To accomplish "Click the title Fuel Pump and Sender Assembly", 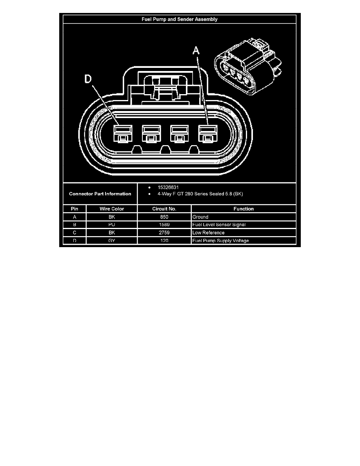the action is (x=179, y=19).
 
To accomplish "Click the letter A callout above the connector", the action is (x=196, y=51).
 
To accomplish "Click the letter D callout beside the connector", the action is (x=88, y=79).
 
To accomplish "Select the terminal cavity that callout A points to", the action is (x=207, y=133).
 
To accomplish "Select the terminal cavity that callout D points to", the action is (x=123, y=133).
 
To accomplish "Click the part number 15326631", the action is (x=168, y=187).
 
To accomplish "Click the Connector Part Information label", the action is (x=100, y=194).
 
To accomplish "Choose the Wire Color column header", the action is (x=112, y=209).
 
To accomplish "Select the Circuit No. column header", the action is (x=164, y=209).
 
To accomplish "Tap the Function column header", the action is (x=244, y=209).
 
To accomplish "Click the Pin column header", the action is (x=75, y=209).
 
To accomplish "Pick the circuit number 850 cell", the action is (x=164, y=217).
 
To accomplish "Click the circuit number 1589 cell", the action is (x=164, y=225).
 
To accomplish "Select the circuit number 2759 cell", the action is (x=164, y=233).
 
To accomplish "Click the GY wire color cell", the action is (x=112, y=240).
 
